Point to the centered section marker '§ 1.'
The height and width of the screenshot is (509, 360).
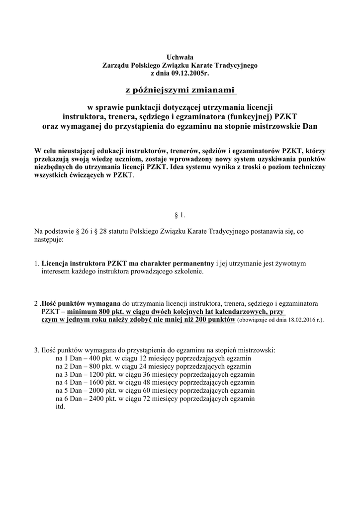pyautogui.click(x=180, y=215)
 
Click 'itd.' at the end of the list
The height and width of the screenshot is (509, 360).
pyautogui.click(x=61, y=406)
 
